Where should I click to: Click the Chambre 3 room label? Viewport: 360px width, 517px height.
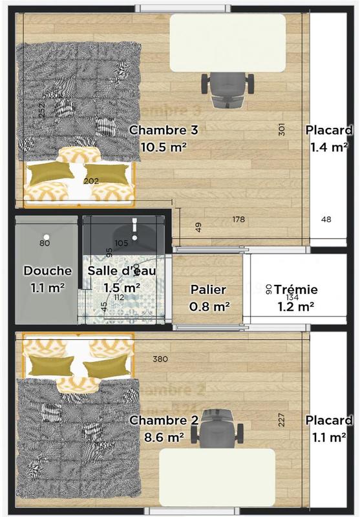[163, 130]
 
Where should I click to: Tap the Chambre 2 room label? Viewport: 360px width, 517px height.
[164, 421]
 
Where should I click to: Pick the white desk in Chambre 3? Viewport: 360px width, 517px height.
[227, 43]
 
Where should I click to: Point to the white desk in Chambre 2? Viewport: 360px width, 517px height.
[217, 477]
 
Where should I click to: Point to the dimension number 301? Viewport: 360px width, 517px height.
[282, 130]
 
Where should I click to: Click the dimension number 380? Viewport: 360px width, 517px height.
[160, 359]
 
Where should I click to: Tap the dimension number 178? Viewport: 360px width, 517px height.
[238, 220]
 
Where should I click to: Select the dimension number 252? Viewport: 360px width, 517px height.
[41, 111]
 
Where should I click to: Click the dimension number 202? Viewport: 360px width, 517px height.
[91, 181]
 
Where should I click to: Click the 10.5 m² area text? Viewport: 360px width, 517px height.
[164, 147]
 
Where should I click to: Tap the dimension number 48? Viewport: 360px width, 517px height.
[326, 220]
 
